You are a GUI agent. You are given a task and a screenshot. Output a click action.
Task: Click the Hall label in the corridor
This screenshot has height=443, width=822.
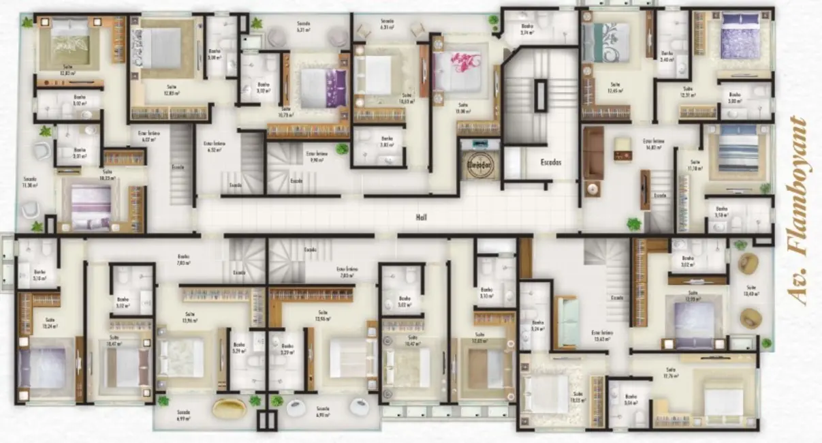pos(420,217)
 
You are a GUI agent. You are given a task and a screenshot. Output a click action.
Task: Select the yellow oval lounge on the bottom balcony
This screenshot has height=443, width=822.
pos(230,408)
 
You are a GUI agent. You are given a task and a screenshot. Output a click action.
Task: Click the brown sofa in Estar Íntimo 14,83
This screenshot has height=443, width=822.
pos(593,153)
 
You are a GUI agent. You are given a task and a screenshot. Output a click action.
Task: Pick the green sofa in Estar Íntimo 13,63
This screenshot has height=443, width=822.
pos(568,322)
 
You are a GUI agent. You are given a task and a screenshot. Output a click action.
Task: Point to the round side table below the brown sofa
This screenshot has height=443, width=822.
pos(593,189)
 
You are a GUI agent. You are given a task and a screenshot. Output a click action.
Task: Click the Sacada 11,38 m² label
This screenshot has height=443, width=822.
pos(29,182)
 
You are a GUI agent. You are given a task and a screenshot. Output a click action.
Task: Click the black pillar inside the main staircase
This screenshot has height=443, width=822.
pos(540,95)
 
